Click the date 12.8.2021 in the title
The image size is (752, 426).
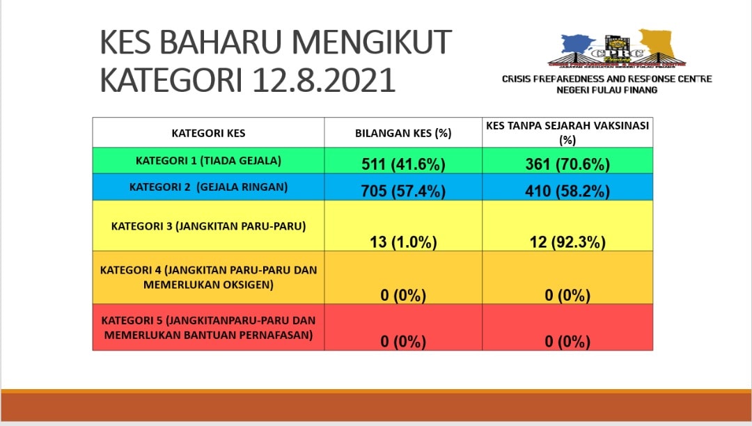point(324,79)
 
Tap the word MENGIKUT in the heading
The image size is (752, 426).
point(372,42)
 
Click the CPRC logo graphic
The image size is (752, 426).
point(617,49)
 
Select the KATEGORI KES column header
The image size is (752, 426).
point(209,133)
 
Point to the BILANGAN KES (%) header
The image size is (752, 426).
point(403,133)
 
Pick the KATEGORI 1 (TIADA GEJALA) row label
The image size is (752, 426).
point(209,161)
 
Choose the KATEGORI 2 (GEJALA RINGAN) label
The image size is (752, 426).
point(209,187)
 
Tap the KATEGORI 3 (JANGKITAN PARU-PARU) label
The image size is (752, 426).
point(209,226)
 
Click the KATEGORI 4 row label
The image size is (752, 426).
point(209,278)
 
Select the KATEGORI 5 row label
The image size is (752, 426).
point(209,328)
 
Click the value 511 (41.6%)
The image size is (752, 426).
point(403,164)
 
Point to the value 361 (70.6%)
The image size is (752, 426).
point(567,164)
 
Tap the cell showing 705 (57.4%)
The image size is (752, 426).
point(403,191)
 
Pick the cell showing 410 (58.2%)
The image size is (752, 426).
point(567,191)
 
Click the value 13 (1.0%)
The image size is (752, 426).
point(403,242)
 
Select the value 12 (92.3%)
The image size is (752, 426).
point(567,242)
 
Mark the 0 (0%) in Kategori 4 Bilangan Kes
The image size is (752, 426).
point(403,295)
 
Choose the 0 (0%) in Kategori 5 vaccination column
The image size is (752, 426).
point(567,342)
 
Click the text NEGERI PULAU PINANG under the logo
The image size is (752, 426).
point(606,90)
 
